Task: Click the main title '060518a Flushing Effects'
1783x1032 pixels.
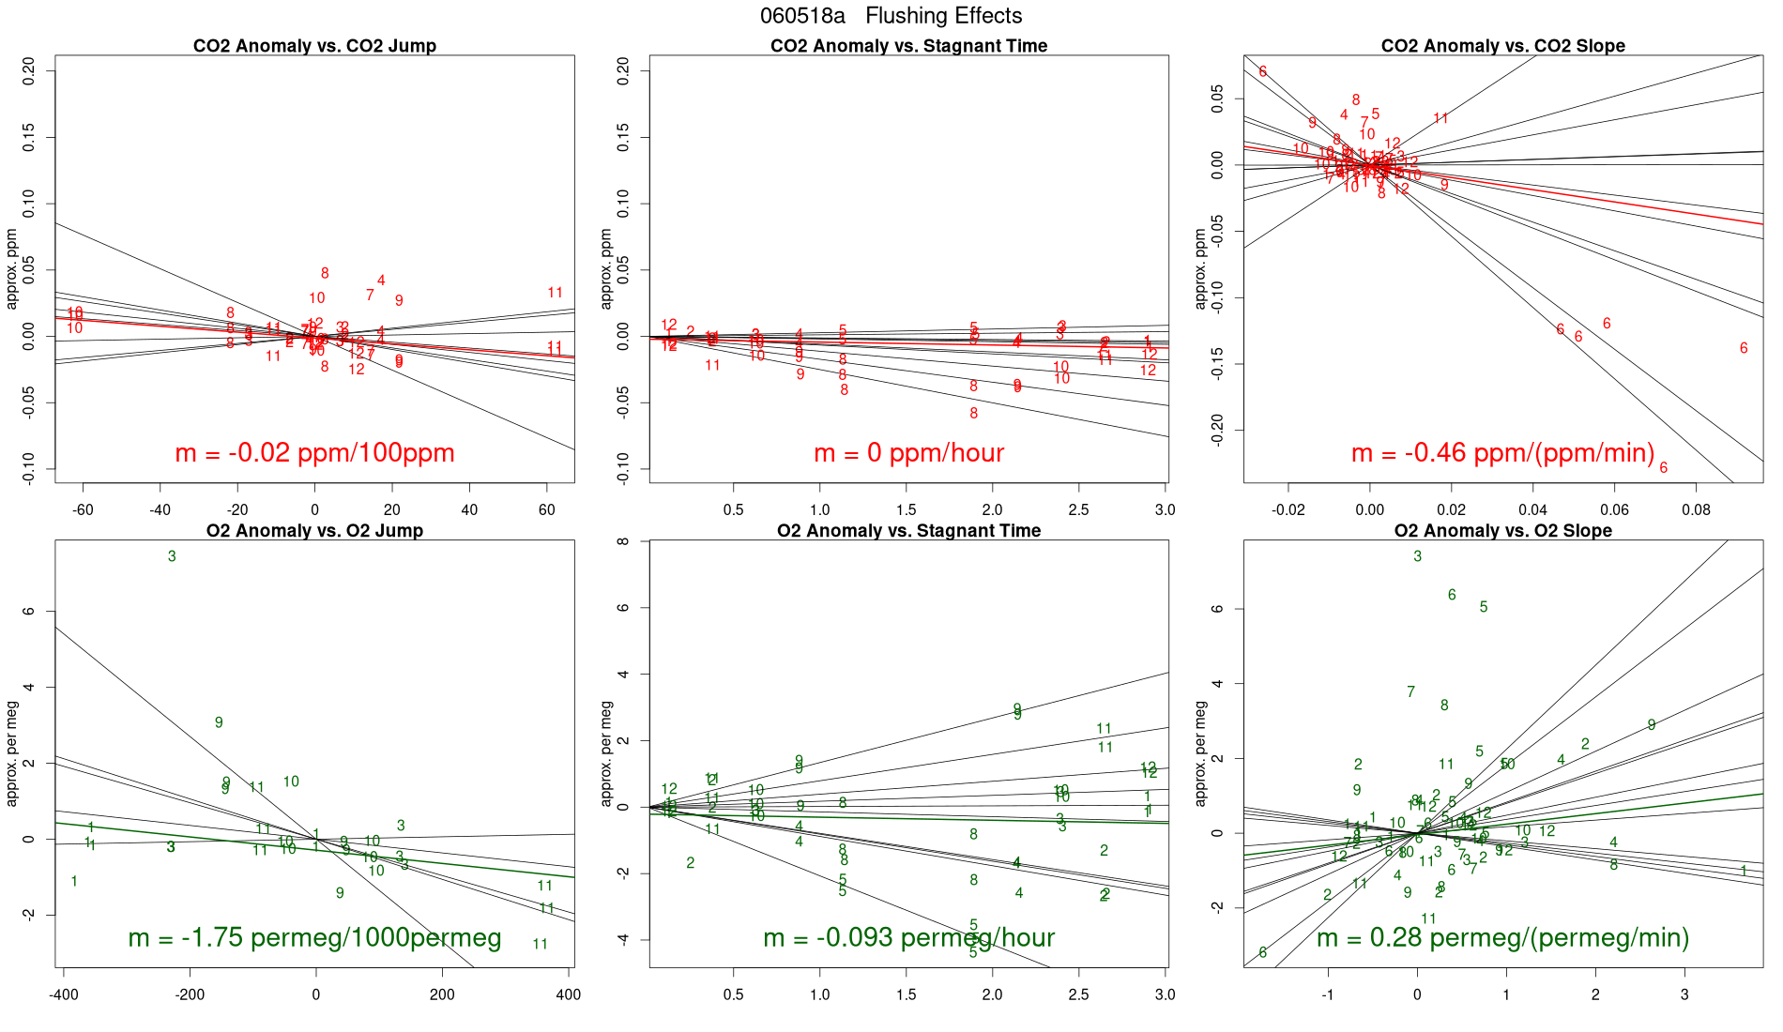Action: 891,16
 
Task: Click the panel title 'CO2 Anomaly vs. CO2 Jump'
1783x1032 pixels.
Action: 314,46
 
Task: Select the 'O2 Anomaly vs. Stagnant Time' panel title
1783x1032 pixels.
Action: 908,531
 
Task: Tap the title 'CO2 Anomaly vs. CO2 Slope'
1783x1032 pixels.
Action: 1502,46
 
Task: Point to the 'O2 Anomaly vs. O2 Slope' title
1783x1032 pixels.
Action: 1502,531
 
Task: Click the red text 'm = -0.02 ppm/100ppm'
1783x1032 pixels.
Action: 314,453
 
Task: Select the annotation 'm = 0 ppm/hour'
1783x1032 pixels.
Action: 908,453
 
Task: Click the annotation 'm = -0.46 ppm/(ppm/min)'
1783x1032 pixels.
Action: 1502,453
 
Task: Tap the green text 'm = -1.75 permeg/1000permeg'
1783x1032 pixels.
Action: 314,938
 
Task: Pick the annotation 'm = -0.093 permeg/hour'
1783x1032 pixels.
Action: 908,938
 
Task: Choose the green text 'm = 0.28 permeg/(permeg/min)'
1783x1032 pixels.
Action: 1502,938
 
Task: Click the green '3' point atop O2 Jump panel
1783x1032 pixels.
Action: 172,556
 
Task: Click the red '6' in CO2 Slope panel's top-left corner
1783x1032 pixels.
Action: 1263,72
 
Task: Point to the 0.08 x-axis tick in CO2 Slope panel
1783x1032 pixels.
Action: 1696,509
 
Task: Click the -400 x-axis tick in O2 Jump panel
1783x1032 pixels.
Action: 63,994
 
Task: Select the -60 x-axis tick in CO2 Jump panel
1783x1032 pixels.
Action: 83,509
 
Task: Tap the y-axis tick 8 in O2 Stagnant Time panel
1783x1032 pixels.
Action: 623,541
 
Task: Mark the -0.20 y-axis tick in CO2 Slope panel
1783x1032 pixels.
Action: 1217,431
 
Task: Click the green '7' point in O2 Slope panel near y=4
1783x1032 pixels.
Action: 1410,692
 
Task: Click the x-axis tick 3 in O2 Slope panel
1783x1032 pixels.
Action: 1684,994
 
